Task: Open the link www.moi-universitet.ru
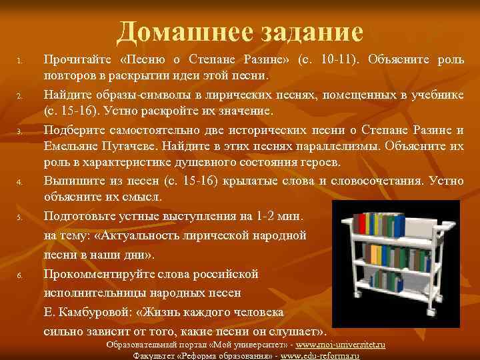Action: (341, 345)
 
